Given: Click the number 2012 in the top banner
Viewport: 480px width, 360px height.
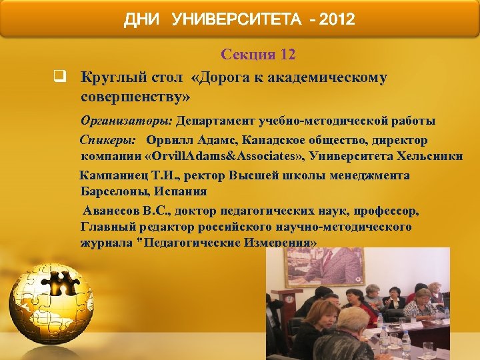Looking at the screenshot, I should [x=337, y=20].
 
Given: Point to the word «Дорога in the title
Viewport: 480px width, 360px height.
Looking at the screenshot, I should [x=219, y=77].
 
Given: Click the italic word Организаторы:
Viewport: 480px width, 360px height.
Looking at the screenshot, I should [x=126, y=121].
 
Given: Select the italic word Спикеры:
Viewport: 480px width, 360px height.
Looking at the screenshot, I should [x=108, y=141].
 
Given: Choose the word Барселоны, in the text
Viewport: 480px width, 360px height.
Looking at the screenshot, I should [x=115, y=192].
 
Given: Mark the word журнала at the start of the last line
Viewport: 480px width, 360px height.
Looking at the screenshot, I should [x=105, y=243].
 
